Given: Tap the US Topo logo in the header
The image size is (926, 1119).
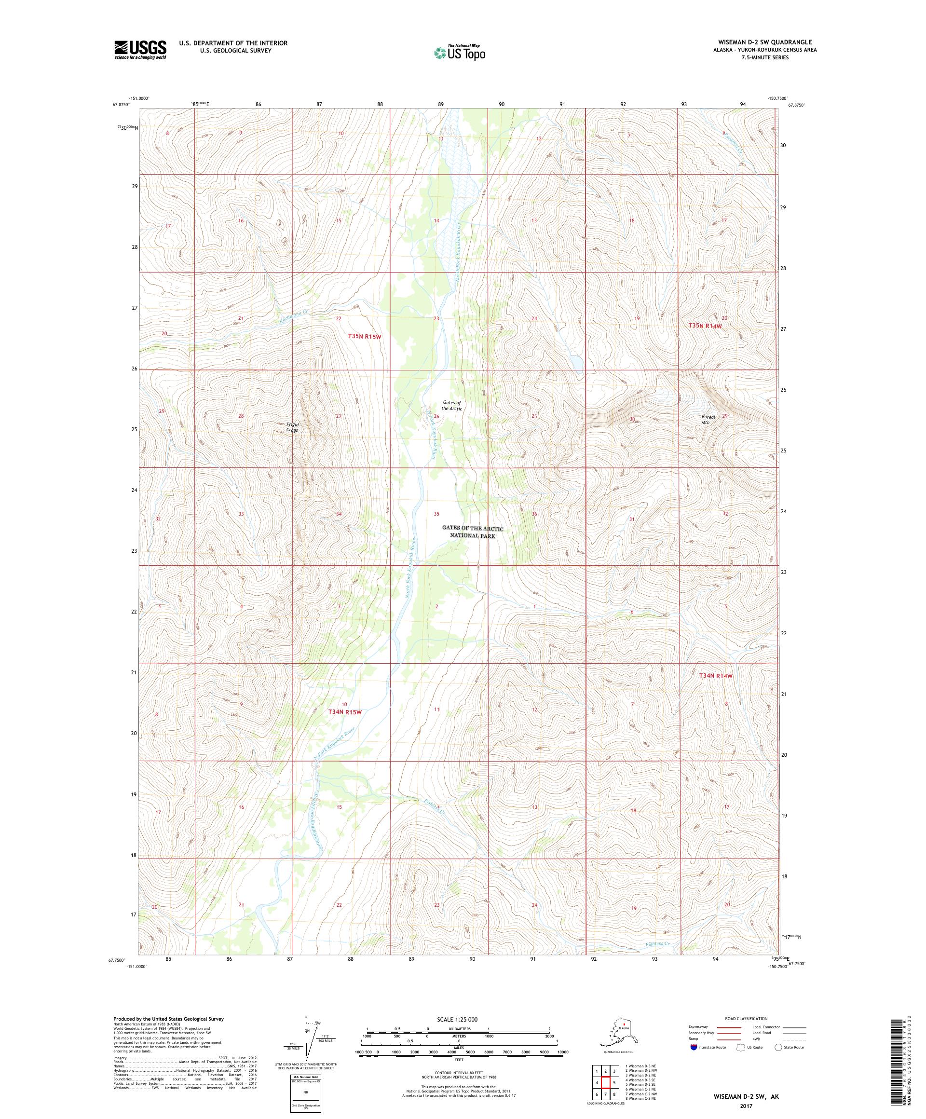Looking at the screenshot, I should pyautogui.click(x=462, y=52).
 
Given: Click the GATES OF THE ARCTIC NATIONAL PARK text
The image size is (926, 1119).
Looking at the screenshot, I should pyautogui.click(x=472, y=532).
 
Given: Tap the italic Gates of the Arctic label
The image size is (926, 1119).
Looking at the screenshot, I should pyautogui.click(x=451, y=406).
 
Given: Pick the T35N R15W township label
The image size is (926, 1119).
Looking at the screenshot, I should pyautogui.click(x=365, y=336).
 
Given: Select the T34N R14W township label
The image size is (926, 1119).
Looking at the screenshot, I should pyautogui.click(x=716, y=676).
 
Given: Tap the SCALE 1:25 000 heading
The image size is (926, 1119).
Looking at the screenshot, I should pyautogui.click(x=458, y=1019).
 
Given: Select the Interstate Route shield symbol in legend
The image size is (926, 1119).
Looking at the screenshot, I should pyautogui.click(x=693, y=1047).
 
